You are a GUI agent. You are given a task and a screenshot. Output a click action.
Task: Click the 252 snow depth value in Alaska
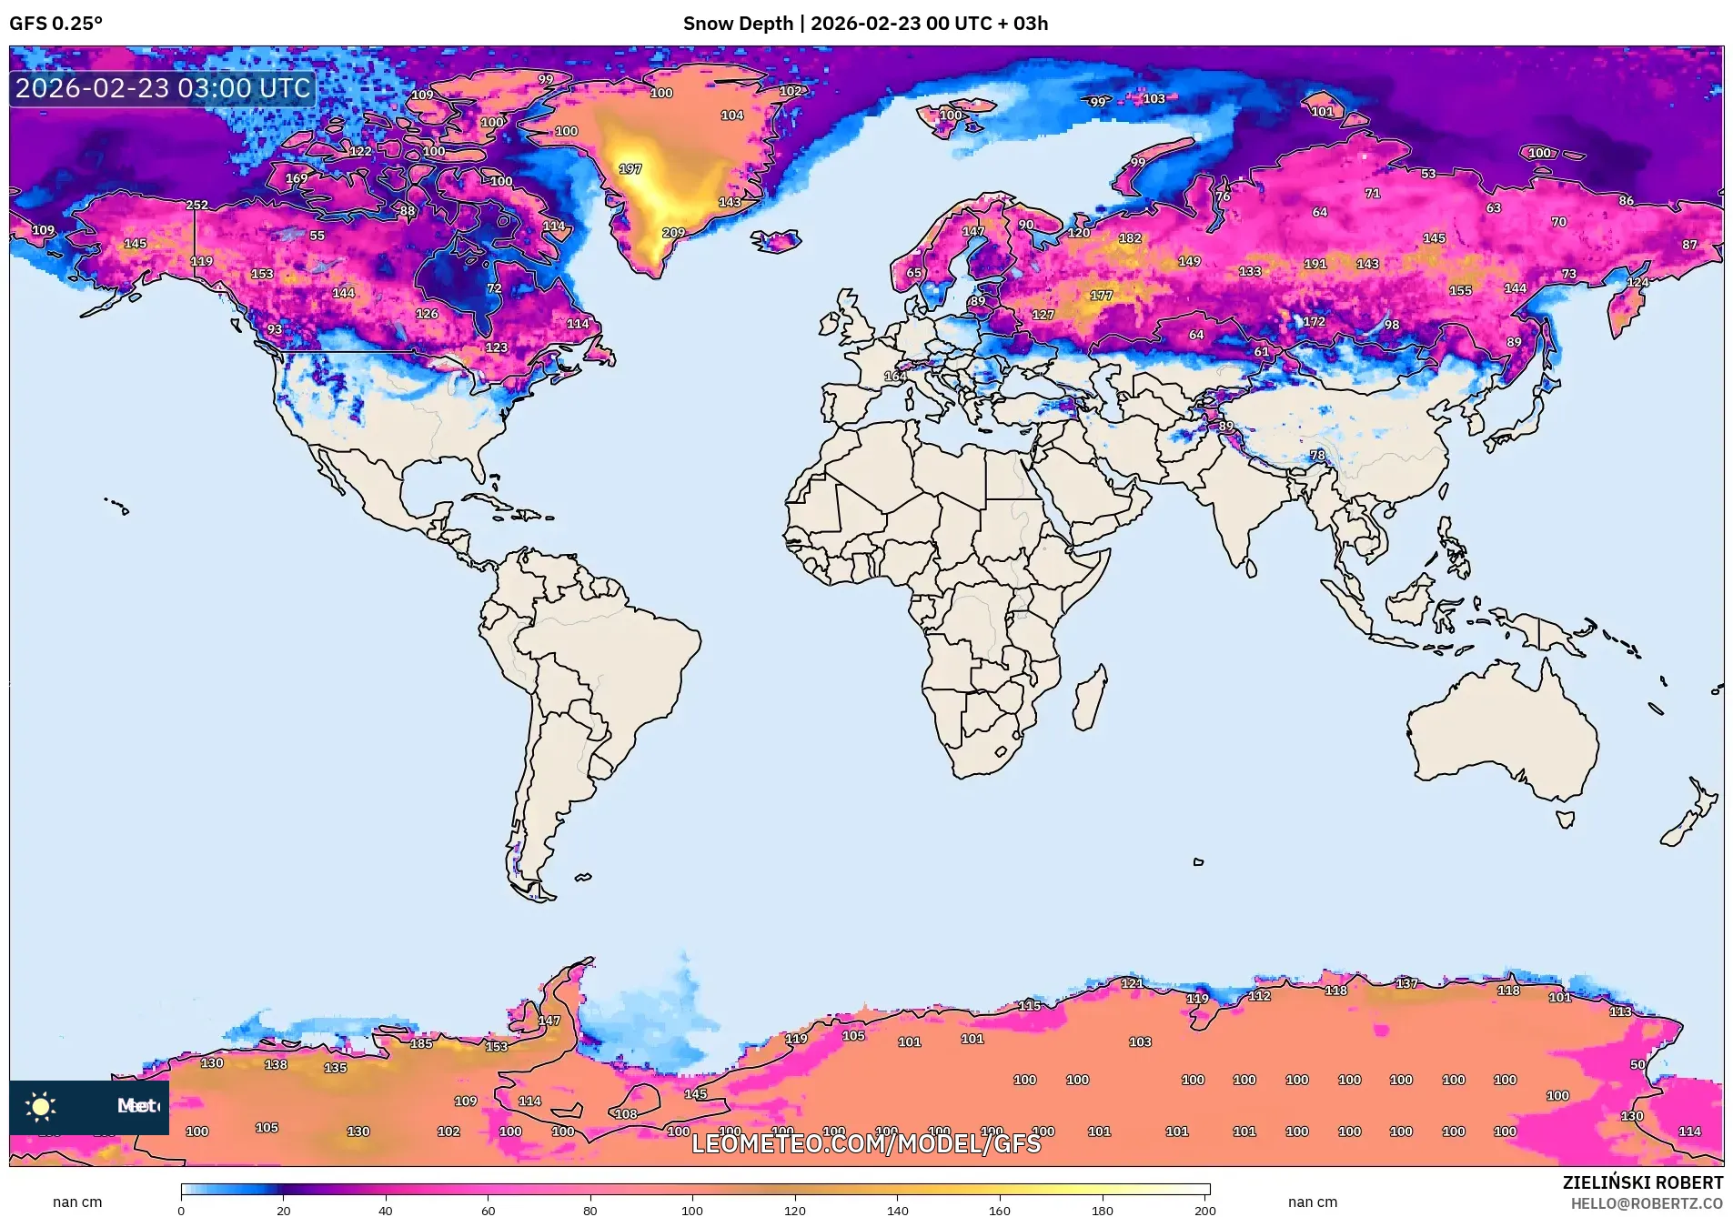[196, 206]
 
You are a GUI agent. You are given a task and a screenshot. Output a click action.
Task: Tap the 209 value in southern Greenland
[673, 233]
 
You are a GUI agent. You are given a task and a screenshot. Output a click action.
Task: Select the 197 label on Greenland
[630, 169]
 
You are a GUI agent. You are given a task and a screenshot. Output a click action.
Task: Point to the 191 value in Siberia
[1315, 264]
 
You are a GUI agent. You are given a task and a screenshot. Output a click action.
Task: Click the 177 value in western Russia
[1101, 296]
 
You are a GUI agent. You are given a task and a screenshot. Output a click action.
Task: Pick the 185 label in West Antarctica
[421, 1043]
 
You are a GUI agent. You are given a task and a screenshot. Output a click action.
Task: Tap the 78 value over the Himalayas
[1317, 455]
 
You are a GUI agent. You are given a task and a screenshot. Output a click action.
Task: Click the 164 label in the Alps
[895, 376]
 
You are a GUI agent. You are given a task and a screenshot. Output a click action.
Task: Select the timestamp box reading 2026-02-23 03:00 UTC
[163, 88]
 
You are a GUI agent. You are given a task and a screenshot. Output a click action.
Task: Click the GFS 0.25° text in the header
[55, 24]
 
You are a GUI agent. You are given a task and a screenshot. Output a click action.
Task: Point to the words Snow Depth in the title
[738, 24]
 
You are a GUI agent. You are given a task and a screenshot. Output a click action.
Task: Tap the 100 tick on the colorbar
[692, 1210]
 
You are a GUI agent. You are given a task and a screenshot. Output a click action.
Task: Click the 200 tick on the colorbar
[1204, 1210]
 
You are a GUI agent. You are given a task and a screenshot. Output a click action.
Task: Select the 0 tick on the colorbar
[181, 1210]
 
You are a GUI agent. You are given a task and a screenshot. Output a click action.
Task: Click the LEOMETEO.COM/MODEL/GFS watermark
[865, 1143]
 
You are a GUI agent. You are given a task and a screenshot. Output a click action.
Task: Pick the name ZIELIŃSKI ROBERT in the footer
[1642, 1182]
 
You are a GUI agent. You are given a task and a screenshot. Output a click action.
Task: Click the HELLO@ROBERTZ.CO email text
[1647, 1203]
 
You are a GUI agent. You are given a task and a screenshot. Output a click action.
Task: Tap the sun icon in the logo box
[41, 1106]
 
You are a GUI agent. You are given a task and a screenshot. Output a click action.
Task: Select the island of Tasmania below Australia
[1565, 819]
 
